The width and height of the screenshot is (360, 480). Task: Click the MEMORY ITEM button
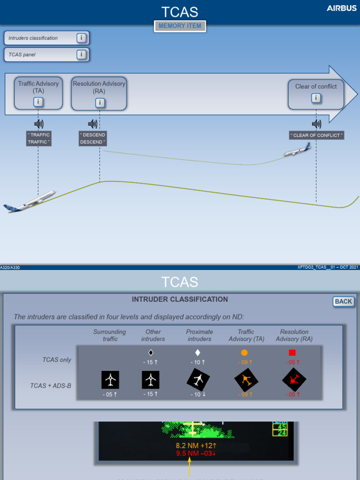tap(180, 26)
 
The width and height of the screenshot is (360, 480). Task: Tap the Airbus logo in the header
tap(341, 8)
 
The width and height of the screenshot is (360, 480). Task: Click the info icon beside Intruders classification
tap(82, 38)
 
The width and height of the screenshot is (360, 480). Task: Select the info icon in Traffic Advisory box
tap(38, 102)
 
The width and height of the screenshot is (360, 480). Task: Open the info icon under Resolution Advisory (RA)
tap(99, 102)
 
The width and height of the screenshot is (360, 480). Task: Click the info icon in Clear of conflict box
tap(316, 98)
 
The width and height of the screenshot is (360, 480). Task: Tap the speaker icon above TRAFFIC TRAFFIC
tap(39, 124)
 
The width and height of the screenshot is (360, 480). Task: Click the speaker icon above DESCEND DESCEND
tap(93, 124)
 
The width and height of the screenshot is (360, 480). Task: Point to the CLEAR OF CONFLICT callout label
tap(316, 135)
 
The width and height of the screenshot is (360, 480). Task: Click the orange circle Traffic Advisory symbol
tap(244, 352)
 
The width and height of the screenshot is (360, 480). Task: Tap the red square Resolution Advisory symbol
tap(292, 352)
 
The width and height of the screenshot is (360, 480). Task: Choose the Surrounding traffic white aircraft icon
tap(110, 379)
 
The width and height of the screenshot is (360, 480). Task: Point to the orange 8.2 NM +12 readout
tap(196, 445)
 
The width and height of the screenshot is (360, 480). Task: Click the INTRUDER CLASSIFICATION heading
tap(180, 300)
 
